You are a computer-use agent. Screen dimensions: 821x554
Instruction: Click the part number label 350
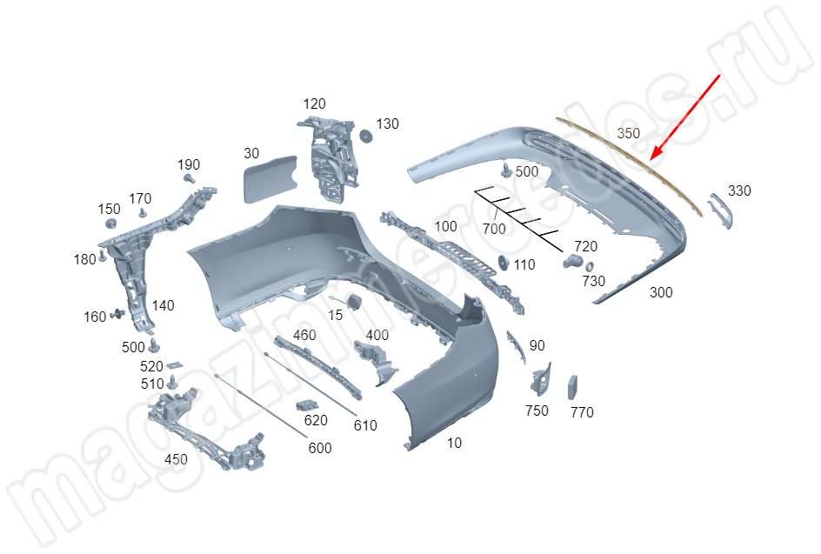[x=628, y=134]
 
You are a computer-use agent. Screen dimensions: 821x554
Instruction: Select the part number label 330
[x=739, y=190]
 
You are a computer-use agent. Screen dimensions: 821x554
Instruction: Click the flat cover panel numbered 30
[x=270, y=178]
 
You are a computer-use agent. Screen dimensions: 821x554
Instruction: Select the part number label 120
[x=314, y=103]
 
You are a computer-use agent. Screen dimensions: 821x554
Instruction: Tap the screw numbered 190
[x=190, y=179]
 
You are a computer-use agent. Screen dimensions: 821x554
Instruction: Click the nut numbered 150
[x=110, y=224]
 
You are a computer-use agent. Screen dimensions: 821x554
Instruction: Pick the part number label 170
[x=140, y=199]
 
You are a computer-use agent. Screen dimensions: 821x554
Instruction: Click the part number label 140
[x=163, y=305]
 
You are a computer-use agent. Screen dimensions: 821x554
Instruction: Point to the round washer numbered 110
[x=504, y=263]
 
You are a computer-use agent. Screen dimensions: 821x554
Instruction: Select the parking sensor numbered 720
[x=573, y=261]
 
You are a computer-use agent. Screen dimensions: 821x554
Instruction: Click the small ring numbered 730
[x=589, y=266]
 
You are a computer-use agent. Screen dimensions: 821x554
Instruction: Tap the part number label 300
[x=661, y=292]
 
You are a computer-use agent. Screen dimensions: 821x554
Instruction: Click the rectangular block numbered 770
[x=573, y=388]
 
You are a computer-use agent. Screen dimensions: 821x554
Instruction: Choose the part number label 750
[x=537, y=410]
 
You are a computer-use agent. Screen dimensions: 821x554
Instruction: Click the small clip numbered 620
[x=307, y=406]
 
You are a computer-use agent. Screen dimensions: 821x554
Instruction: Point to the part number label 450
[x=176, y=459]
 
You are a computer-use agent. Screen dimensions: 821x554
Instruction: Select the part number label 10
[x=455, y=443]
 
